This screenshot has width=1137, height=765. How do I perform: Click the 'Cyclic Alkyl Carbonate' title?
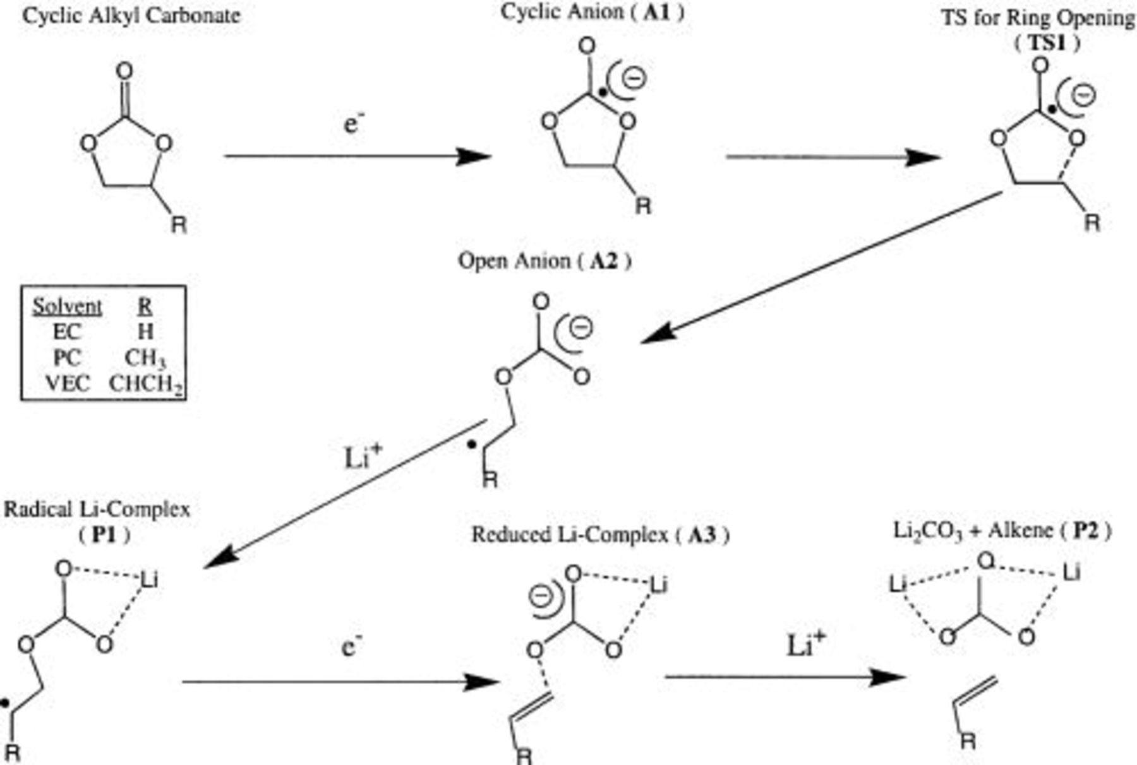pos(131,15)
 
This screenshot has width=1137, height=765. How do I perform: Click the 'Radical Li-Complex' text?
pos(97,509)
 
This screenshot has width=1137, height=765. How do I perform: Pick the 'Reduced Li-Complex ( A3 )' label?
pos(600,535)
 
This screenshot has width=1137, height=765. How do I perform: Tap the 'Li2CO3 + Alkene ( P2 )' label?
pos(1002,531)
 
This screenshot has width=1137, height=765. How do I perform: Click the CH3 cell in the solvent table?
pos(145,358)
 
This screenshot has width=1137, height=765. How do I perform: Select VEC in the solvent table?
pos(68,383)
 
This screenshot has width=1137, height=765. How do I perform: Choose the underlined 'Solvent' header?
pos(67,307)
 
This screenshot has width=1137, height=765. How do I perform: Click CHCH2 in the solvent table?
pos(146,384)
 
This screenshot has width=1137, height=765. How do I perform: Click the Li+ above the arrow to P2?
pos(806,645)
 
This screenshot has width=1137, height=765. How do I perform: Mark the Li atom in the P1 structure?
pos(148,579)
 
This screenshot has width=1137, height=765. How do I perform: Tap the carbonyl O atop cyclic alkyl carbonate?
pos(125,70)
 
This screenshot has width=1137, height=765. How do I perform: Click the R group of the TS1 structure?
pos(1092,222)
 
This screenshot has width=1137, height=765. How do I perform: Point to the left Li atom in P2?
pos(898,584)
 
